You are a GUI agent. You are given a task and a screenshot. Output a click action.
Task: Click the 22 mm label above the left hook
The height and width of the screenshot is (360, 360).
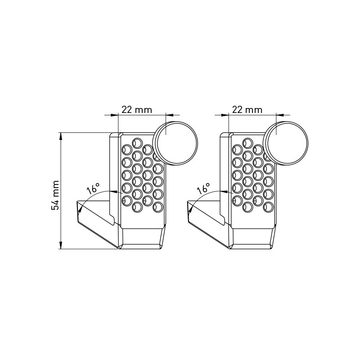(x=137, y=109)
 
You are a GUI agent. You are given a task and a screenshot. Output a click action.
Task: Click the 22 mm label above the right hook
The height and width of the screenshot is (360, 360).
(x=247, y=109)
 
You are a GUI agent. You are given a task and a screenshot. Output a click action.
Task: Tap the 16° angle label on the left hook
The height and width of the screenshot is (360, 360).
(x=93, y=189)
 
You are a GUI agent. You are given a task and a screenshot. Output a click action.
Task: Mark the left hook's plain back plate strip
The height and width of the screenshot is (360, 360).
(x=114, y=175)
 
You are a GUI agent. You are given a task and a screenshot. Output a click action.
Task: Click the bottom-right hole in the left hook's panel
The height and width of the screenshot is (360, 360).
(x=157, y=207)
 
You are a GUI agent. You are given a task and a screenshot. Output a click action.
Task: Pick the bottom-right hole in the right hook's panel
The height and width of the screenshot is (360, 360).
(x=268, y=207)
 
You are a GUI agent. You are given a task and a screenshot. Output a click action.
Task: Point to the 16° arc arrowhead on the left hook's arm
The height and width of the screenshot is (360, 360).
(x=80, y=207)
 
